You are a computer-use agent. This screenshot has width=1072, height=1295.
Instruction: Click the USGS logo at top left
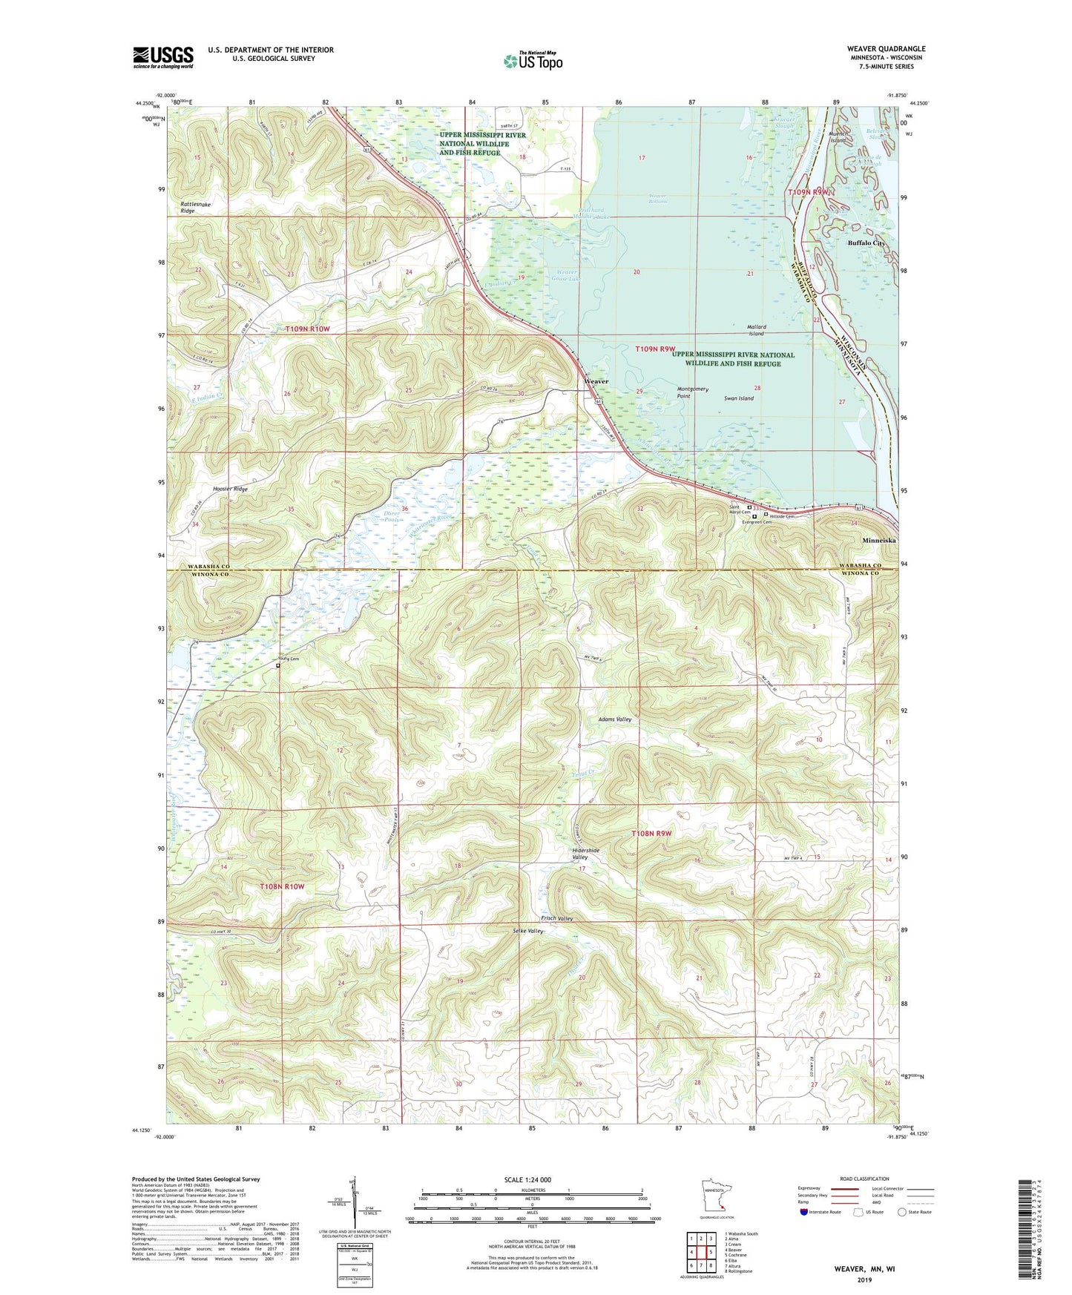click(x=162, y=56)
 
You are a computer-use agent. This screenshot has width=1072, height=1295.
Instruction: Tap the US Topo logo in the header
click(x=532, y=61)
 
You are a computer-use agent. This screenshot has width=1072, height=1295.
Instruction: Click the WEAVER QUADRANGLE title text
click(x=886, y=49)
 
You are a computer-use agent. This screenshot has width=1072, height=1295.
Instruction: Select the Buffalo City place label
click(x=867, y=243)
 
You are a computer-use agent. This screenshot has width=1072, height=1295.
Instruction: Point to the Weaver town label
click(x=596, y=381)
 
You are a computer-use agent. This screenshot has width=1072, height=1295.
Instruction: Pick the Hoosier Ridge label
click(x=230, y=490)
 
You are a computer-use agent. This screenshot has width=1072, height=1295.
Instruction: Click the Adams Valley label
click(x=615, y=719)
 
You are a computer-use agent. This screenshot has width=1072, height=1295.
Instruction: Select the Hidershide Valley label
click(x=585, y=854)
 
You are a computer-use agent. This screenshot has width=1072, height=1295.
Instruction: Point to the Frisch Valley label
click(x=556, y=919)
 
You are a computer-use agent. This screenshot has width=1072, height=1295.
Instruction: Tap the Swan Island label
click(x=738, y=398)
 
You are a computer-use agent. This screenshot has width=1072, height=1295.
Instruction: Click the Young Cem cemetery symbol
click(x=278, y=666)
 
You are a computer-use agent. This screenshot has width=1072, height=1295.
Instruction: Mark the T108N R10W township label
click(x=282, y=886)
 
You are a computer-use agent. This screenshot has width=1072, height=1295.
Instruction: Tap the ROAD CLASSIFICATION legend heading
click(x=864, y=1179)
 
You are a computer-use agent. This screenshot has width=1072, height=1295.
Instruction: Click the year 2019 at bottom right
click(x=864, y=1279)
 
